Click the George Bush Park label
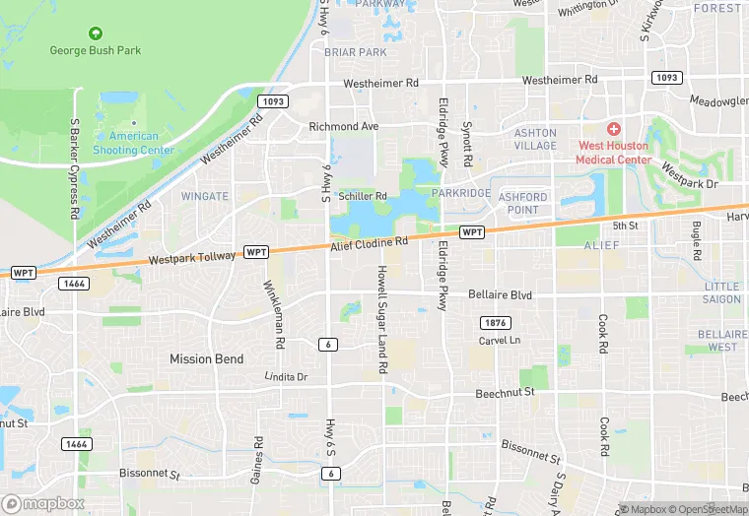pyautogui.click(x=96, y=50)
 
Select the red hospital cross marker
pyautogui.click(x=613, y=129)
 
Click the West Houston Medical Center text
pyautogui.click(x=613, y=153)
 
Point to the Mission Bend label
pyautogui.click(x=206, y=358)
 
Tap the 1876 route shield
pyautogui.click(x=495, y=323)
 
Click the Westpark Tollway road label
pyautogui.click(x=192, y=258)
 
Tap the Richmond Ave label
pyautogui.click(x=343, y=127)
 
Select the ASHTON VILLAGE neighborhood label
pyautogui.click(x=535, y=139)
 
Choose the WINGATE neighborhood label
pyautogui.click(x=205, y=196)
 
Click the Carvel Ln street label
pyautogui.click(x=499, y=340)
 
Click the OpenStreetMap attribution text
pyautogui.click(x=708, y=509)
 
